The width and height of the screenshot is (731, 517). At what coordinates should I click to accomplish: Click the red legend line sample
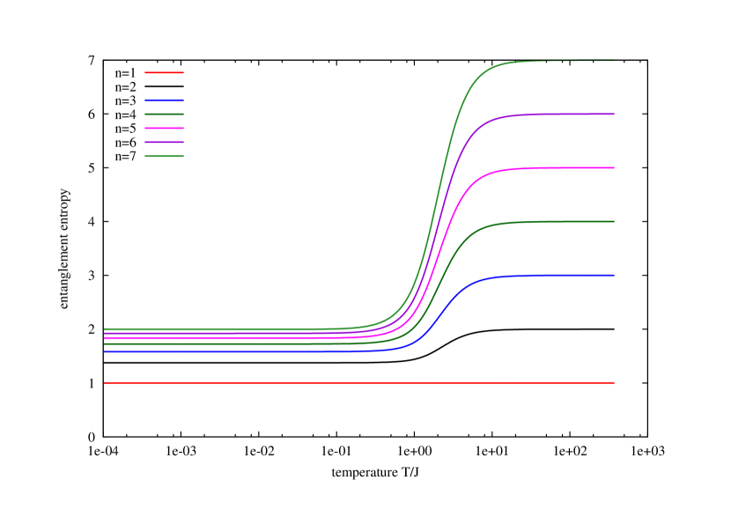164,72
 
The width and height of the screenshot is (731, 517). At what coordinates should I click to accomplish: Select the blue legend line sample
164,100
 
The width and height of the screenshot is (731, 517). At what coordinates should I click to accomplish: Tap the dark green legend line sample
164,114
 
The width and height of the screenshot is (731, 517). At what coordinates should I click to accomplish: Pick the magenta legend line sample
164,128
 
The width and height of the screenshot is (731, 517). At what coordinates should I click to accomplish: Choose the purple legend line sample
164,142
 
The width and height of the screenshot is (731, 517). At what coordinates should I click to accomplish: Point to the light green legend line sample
164,156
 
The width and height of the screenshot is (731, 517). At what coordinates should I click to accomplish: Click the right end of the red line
614,383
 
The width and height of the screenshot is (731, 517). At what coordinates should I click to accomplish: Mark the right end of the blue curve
614,276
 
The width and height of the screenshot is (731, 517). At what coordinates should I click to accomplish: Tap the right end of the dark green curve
614,222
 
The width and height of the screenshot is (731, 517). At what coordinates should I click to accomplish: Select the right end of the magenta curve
614,167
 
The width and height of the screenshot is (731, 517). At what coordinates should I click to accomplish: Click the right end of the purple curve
614,114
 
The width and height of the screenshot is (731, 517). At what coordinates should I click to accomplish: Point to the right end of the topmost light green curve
614,60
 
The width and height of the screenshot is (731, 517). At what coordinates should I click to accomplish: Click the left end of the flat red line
105,383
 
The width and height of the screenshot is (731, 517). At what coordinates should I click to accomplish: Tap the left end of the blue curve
105,351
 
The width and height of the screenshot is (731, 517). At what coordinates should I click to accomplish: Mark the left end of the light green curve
105,329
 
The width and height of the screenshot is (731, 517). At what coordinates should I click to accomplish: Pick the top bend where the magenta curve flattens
484,174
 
